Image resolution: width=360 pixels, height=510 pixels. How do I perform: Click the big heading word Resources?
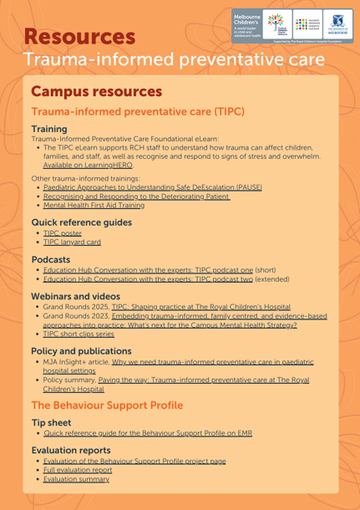tap(80, 37)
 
